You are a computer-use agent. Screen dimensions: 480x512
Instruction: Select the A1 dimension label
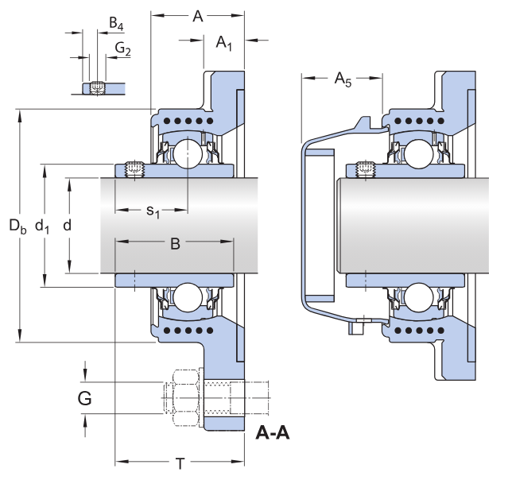pos(224,43)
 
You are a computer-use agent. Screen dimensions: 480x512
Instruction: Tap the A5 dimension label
pos(343,79)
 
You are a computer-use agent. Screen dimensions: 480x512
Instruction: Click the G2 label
pos(122,49)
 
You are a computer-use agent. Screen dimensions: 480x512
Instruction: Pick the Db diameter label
pos(17,226)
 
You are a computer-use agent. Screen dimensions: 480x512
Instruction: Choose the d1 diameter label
pos(43,226)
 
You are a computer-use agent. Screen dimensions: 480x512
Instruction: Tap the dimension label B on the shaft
pos(176,244)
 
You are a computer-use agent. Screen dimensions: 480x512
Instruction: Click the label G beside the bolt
pos(84,397)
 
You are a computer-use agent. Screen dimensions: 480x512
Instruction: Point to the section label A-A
pos(273,433)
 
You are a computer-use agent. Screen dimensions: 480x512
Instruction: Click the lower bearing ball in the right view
pos(417,297)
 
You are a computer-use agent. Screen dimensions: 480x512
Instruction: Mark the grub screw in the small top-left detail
pos(97,87)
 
